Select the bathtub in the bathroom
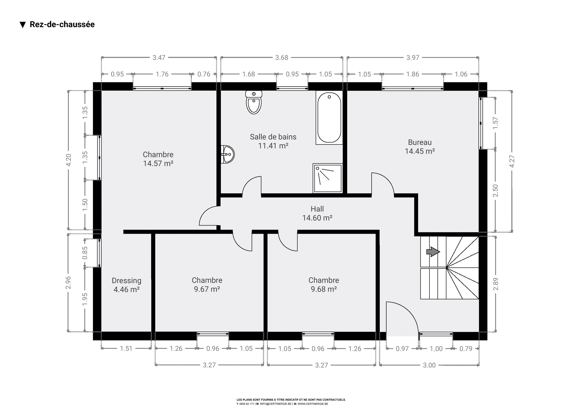(329, 118)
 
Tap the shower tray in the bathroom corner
(328, 178)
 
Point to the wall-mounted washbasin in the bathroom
(227, 154)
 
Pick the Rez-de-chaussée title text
(62, 24)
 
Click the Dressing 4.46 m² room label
(127, 285)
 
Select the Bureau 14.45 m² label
(420, 147)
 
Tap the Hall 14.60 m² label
(317, 213)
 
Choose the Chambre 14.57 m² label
(158, 159)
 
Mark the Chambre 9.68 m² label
(324, 284)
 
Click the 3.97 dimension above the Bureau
(413, 58)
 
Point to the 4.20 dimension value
(68, 160)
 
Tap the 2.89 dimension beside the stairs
(496, 284)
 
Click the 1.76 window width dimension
(162, 74)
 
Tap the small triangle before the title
(23, 25)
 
